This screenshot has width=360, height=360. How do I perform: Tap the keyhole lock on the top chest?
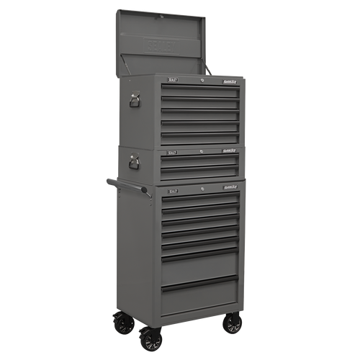(x=202, y=81)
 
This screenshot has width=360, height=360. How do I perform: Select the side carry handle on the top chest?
(x=135, y=101)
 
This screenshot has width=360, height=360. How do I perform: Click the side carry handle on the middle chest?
(x=135, y=163)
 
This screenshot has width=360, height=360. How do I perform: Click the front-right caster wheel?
(x=232, y=325)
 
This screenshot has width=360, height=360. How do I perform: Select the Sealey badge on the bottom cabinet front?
(x=172, y=192)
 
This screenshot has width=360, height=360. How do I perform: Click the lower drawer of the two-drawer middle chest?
(x=200, y=172)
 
